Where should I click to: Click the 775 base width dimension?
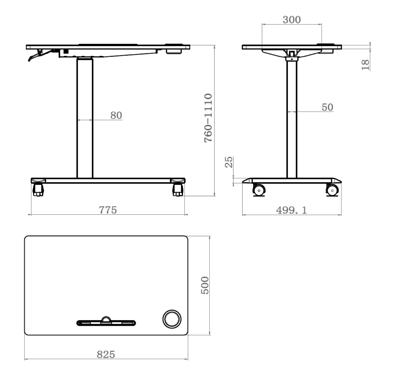tap(108, 210)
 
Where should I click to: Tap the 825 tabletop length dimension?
tap(106, 354)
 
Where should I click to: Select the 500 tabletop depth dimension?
tap(205, 285)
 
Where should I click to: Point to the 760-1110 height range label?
tap(208, 118)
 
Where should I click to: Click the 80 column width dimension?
tap(116, 115)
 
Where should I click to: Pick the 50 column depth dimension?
tap(327, 107)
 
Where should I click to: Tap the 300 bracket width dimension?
tap(292, 20)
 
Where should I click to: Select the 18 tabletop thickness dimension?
tap(365, 65)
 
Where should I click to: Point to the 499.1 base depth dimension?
tap(291, 210)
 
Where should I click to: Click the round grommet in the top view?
tap(172, 319)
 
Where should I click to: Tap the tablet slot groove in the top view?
tap(106, 323)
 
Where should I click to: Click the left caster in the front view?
tap(38, 189)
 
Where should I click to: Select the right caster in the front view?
tap(177, 189)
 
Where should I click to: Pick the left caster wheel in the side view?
tap(259, 190)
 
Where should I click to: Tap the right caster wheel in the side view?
tap(332, 190)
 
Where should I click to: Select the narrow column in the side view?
tap(292, 119)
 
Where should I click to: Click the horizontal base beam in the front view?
tap(108, 180)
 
